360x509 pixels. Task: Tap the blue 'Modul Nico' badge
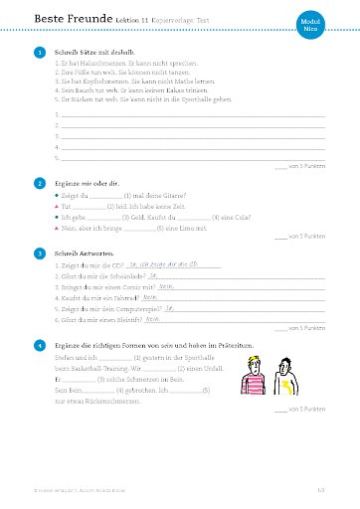336,28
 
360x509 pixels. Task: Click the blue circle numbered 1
39,52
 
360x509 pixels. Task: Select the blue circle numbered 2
39,184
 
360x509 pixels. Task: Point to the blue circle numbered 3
39,254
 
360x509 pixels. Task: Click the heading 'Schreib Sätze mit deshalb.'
94,52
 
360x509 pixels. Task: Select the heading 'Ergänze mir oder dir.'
87,184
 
